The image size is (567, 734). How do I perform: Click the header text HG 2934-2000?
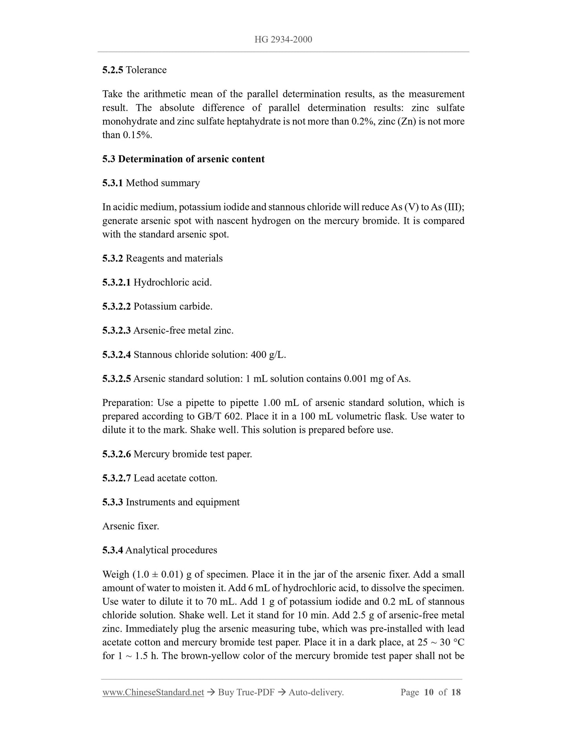[x=283, y=39]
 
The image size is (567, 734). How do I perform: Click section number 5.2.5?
[x=113, y=70]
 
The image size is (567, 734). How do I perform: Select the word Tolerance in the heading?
[x=146, y=70]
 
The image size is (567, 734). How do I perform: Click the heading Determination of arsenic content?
[x=191, y=159]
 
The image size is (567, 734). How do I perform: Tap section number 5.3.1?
[x=113, y=183]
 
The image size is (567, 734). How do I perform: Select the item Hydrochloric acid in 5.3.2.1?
[x=172, y=282]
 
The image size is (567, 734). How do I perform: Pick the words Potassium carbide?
[x=173, y=306]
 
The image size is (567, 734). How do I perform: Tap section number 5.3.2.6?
[x=117, y=454]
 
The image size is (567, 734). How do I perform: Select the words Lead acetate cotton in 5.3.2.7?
[x=175, y=478]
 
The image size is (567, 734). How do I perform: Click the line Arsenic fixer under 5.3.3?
[x=131, y=526]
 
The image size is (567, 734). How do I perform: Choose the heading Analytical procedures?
[x=171, y=550]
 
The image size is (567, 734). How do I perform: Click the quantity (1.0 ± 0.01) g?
[x=162, y=574]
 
